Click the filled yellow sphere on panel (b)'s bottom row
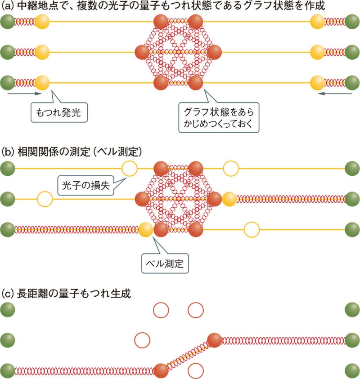tap(145, 230)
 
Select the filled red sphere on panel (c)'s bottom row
tap(161, 371)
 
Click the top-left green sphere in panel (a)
tap(7, 22)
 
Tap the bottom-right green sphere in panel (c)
tap(352, 371)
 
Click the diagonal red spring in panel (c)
tap(187, 356)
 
